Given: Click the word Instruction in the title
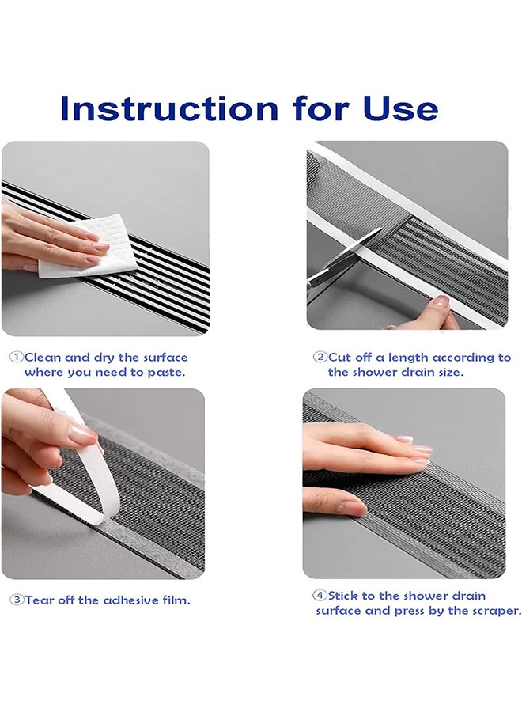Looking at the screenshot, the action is click(x=168, y=108).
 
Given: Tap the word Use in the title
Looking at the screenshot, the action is click(x=400, y=108).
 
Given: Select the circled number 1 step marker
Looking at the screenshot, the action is click(x=17, y=357).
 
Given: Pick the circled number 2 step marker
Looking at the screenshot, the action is click(x=320, y=357).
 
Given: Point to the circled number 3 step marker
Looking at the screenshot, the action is click(x=17, y=600).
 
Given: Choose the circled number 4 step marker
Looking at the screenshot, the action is click(x=320, y=595).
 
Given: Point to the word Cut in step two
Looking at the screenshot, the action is click(x=340, y=358).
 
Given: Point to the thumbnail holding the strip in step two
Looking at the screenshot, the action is click(x=441, y=301).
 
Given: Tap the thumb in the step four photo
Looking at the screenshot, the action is click(x=335, y=501).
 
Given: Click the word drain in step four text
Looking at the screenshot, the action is click(x=467, y=595).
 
